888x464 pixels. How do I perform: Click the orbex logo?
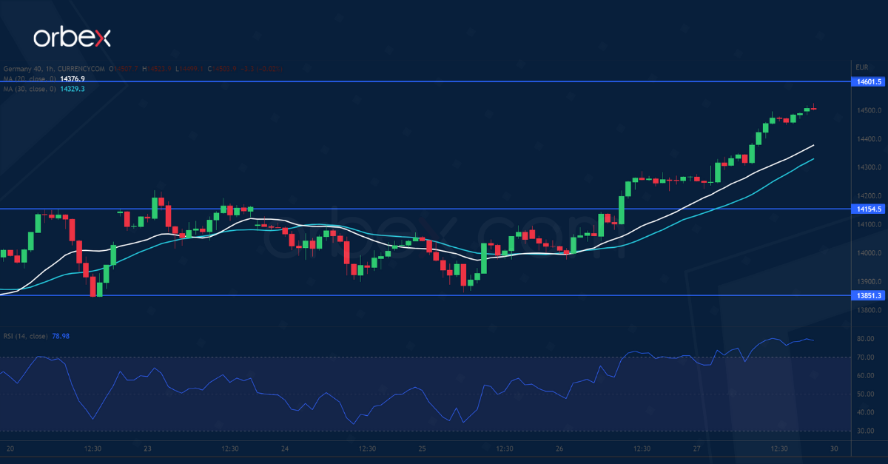71,38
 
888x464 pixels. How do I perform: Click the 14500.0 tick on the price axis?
867,111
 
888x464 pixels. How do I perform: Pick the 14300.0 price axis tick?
867,167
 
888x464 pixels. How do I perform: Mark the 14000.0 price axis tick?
867,253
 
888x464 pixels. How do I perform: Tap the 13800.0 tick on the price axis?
867,310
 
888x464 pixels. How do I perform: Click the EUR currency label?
861,67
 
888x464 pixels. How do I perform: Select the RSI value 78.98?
61,337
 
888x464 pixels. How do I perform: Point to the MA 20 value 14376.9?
72,78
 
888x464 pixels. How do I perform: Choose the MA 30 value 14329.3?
72,89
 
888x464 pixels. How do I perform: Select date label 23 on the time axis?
147,448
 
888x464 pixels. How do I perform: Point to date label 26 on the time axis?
559,448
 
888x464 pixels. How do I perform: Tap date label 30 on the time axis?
834,448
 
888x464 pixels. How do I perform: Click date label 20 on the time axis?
10,448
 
